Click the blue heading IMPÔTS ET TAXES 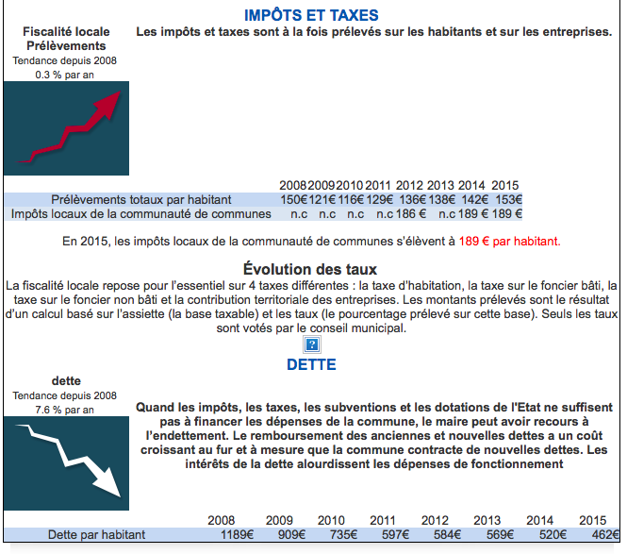pos(311,15)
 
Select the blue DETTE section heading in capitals pos(311,363)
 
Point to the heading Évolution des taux pos(310,268)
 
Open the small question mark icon pos(312,344)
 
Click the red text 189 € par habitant pos(509,241)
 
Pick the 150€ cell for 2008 pos(293,199)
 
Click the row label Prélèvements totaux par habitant pos(141,199)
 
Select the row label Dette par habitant pos(99,535)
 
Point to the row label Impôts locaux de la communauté pos(140,214)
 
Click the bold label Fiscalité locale pos(66,32)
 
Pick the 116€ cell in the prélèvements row pos(350,199)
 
